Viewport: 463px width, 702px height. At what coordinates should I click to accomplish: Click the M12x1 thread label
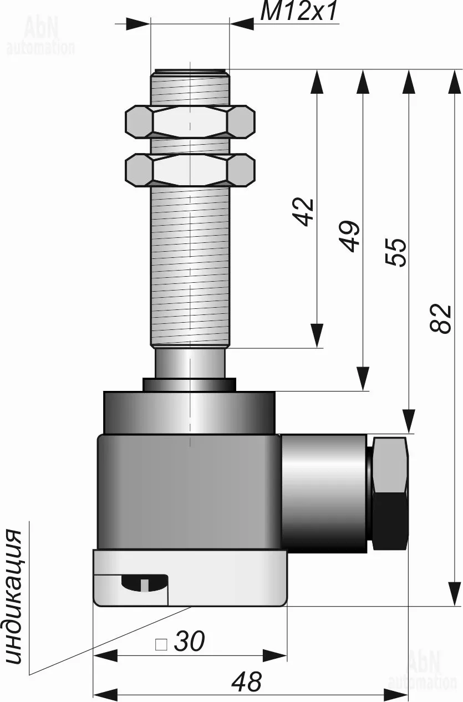point(298,12)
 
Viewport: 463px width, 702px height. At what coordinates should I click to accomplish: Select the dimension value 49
point(349,236)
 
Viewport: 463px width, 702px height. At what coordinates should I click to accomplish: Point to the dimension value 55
point(395,252)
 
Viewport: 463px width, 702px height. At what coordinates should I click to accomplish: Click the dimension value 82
point(440,318)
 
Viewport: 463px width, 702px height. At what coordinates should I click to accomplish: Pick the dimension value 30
point(189,614)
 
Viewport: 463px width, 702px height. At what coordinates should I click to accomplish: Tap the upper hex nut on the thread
point(190,121)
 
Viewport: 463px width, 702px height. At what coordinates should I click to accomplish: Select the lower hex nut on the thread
point(190,170)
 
